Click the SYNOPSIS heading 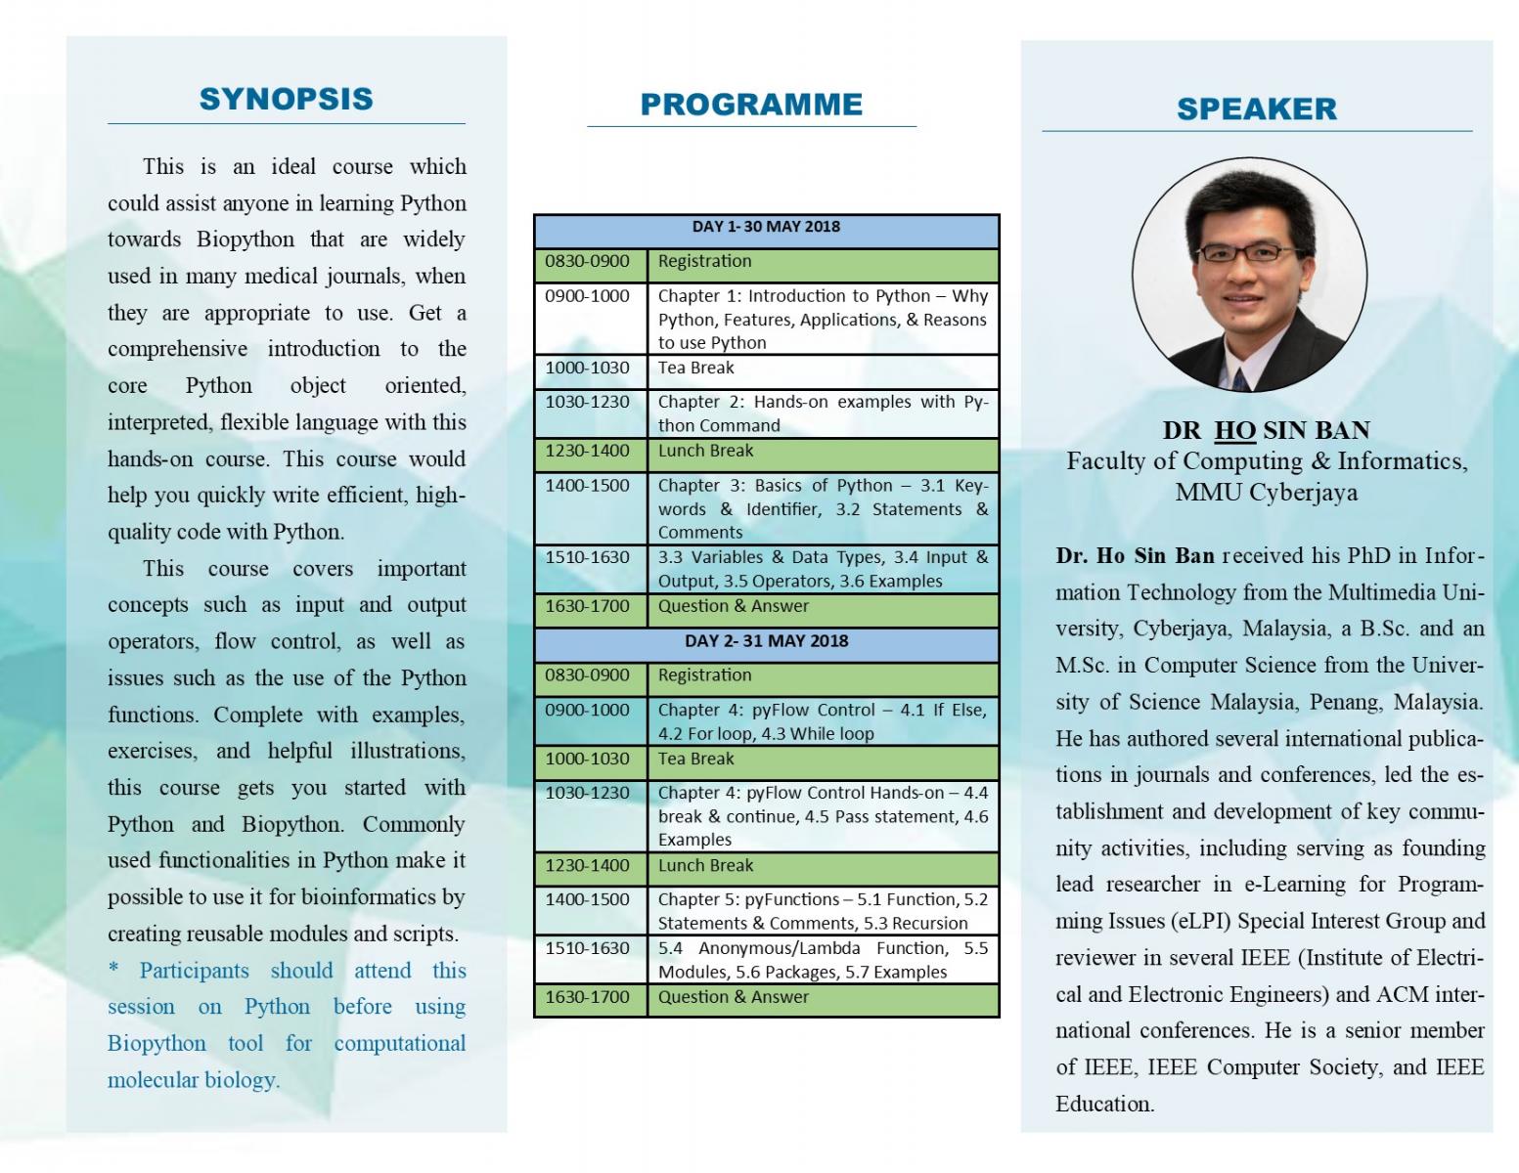pos(286,99)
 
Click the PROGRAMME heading pos(751,105)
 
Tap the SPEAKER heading pos(1256,109)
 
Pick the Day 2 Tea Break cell pos(823,762)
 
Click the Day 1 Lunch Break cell pos(823,455)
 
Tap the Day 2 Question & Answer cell pos(823,1000)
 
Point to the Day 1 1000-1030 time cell pos(591,371)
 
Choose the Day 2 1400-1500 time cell pos(591,910)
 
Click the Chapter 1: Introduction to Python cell pos(823,319)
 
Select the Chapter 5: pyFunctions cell pos(823,910)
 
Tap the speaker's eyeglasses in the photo pos(1248,252)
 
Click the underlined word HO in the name pos(1234,430)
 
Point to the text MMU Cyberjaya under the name pos(1266,493)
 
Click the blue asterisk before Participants pos(113,968)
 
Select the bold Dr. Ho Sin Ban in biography pos(1136,555)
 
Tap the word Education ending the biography pos(1104,1104)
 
